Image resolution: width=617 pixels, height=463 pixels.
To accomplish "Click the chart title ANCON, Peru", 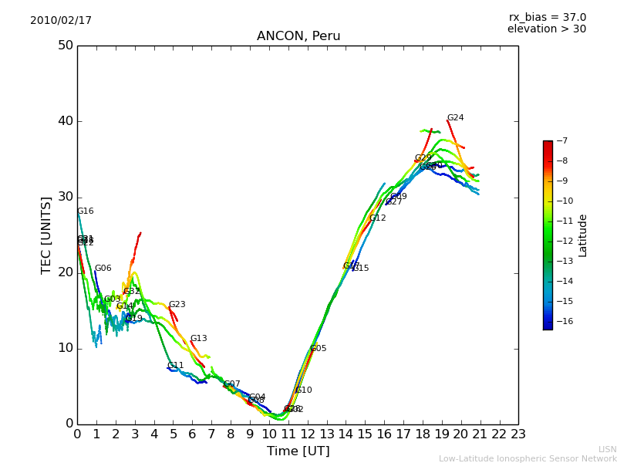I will [298, 36].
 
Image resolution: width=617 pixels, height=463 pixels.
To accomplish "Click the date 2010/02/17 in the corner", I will [61, 21].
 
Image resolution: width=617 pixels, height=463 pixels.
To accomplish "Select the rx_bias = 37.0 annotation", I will [547, 18].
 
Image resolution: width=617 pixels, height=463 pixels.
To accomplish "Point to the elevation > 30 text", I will [547, 29].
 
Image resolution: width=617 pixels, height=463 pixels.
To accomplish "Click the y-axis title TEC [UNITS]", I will [46, 235].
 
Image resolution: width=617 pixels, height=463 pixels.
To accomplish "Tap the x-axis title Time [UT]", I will [298, 451].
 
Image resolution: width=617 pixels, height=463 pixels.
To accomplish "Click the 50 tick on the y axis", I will [65, 46].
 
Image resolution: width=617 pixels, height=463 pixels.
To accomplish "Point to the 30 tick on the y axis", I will [65, 197].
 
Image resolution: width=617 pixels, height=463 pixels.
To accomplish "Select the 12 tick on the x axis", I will [307, 434].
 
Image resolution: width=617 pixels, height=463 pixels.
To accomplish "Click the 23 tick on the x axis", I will [518, 434].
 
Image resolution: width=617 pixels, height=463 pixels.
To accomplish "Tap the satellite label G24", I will [455, 118].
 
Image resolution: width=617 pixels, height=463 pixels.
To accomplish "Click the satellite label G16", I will [85, 211].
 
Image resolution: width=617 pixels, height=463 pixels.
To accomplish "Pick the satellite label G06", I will [103, 269].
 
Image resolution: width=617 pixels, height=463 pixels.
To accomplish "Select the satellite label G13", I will [198, 339].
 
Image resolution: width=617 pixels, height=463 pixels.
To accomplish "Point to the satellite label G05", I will [318, 349].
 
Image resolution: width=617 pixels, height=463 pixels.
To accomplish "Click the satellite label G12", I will [377, 218].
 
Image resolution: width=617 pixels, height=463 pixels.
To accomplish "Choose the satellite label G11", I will [175, 366].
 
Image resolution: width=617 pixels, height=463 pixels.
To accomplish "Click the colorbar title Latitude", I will [583, 235].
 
